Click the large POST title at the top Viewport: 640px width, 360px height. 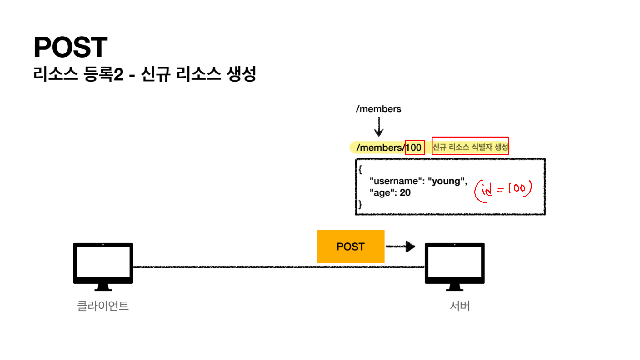71,47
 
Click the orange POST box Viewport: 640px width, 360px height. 350,247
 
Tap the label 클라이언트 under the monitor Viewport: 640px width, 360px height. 103,306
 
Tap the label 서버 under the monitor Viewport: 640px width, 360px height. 460,306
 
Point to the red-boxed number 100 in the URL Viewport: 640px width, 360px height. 415,147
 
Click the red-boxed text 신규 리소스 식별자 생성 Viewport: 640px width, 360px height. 470,146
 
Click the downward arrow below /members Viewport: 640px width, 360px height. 379,127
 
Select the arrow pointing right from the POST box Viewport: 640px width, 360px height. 401,246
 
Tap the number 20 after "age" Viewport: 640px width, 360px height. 405,193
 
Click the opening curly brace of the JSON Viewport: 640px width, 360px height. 360,170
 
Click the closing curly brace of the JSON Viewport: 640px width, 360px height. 360,205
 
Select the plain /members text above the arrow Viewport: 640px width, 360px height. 378,109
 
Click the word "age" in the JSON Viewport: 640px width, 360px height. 382,193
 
